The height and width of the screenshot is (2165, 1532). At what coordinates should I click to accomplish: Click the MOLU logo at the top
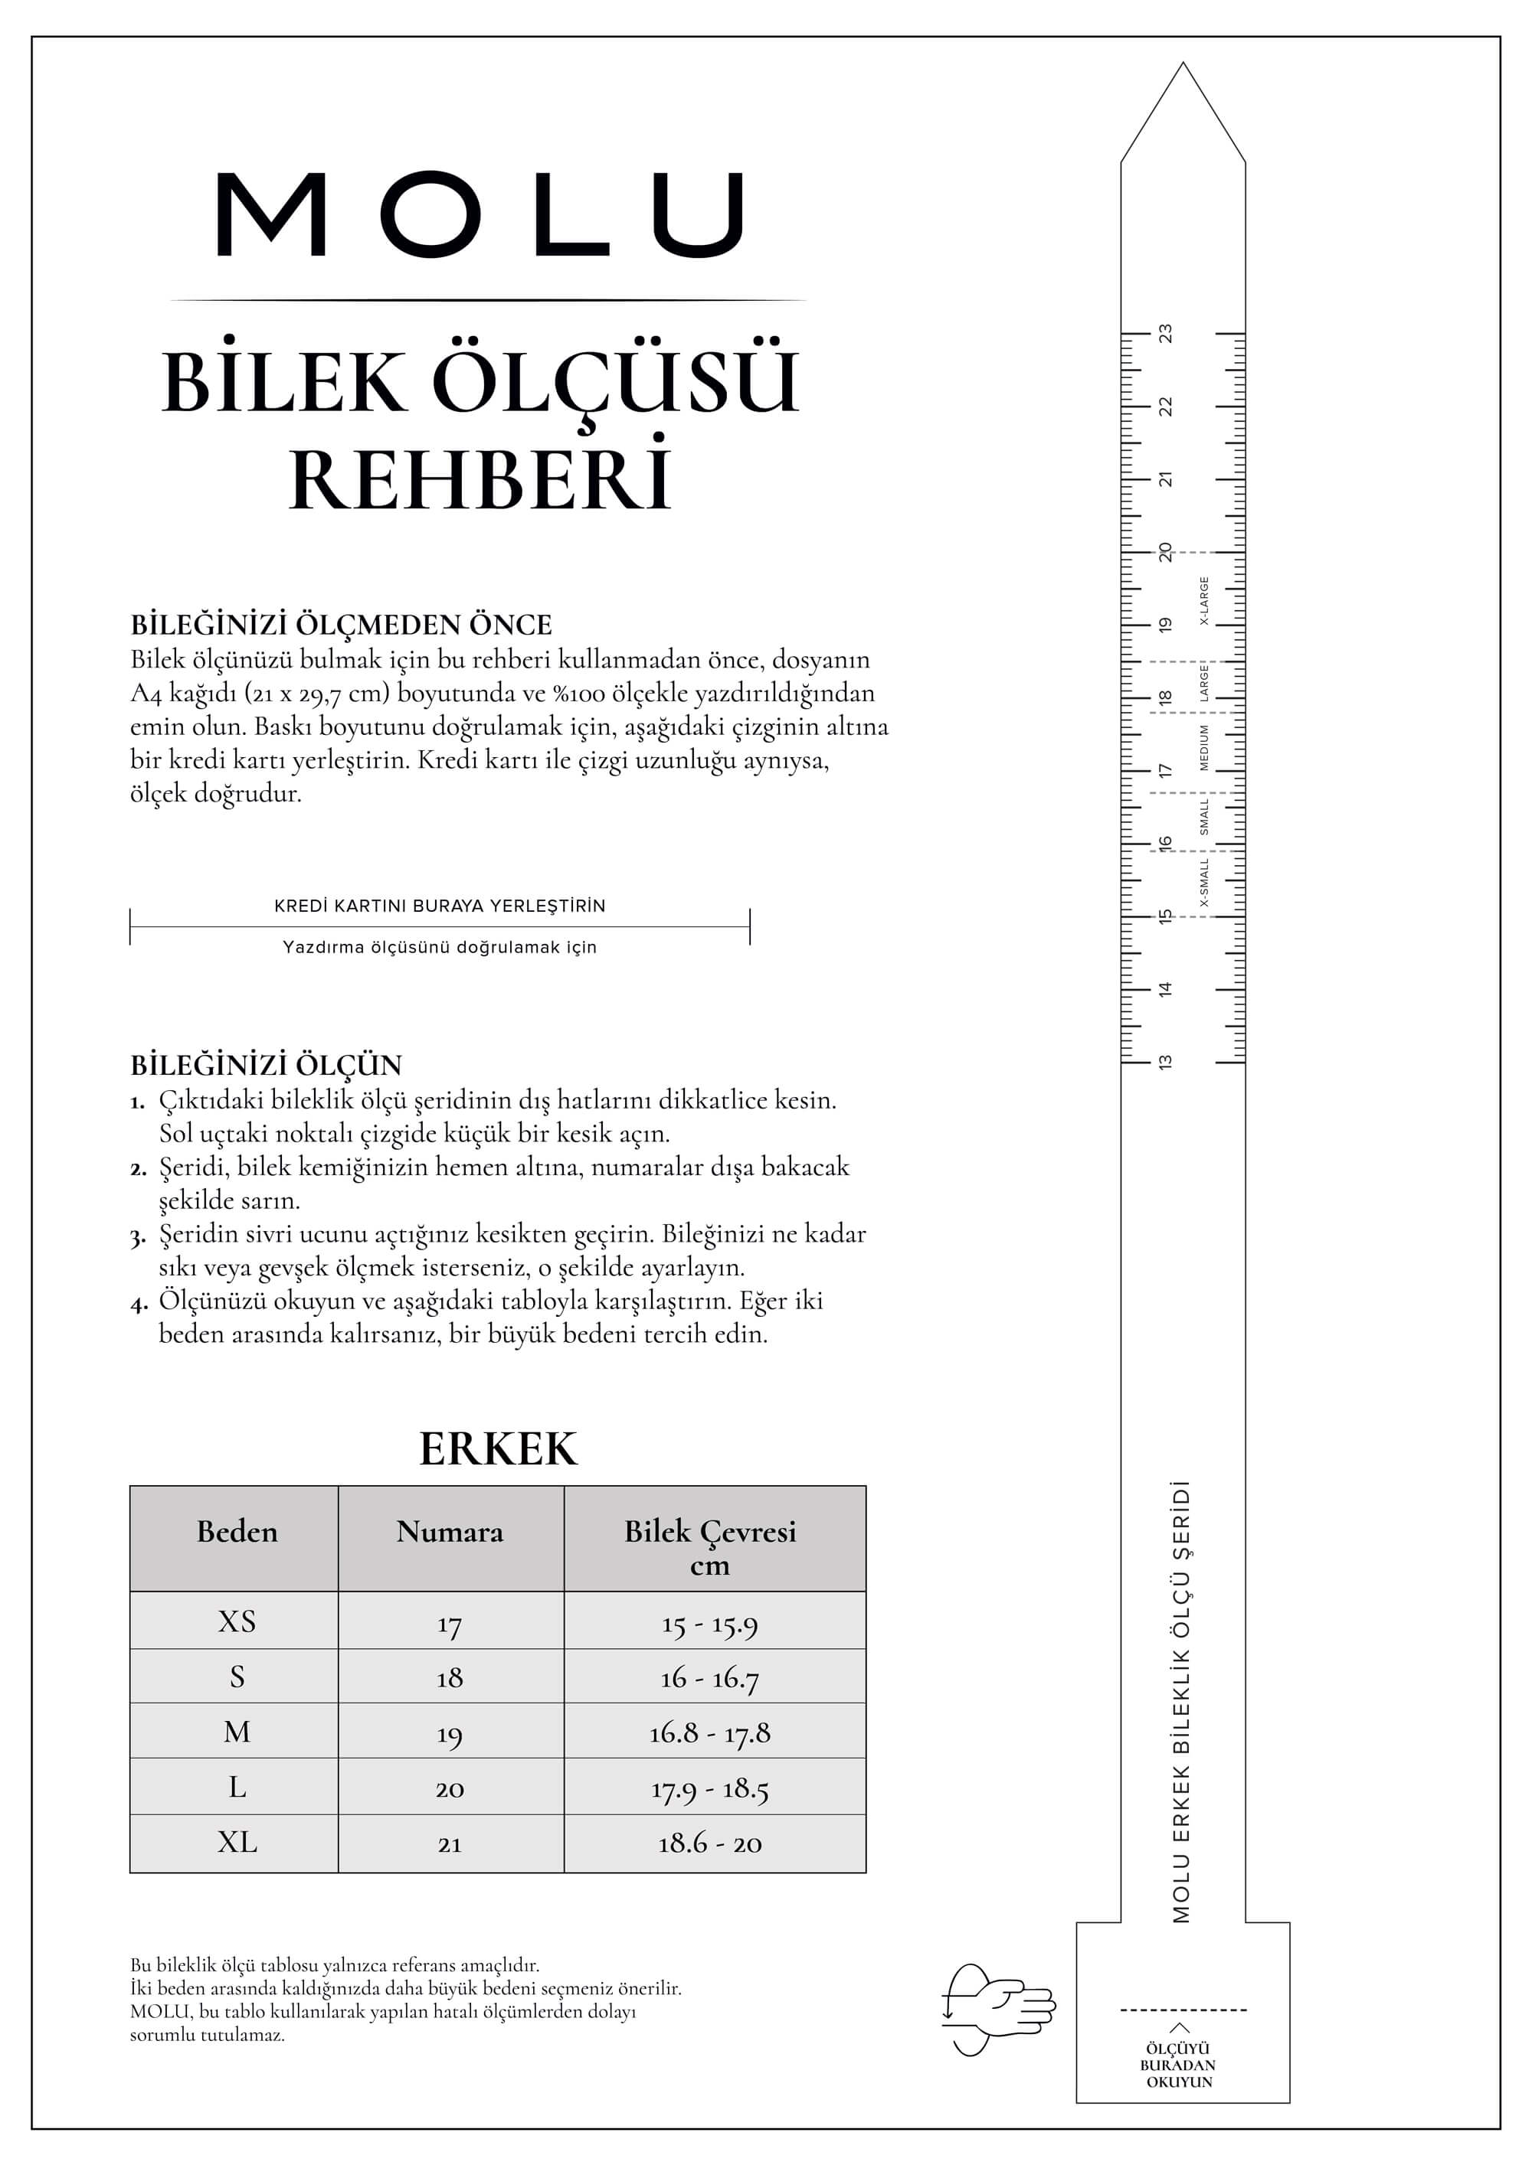click(480, 214)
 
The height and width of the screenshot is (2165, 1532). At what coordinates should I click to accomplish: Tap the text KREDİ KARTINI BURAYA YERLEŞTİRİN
click(440, 906)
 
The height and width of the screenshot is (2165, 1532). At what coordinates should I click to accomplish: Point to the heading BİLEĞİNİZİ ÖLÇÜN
click(266, 1065)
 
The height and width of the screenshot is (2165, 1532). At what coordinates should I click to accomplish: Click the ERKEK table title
click(497, 1449)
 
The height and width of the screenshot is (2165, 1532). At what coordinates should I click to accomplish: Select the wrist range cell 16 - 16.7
click(709, 1677)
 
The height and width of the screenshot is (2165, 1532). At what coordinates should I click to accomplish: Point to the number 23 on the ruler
click(1166, 334)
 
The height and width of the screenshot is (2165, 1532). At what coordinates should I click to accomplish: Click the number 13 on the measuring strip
click(1166, 1062)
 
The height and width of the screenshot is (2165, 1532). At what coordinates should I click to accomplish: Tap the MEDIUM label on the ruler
click(1203, 747)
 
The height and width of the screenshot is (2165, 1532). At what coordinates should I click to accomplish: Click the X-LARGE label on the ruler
click(1203, 601)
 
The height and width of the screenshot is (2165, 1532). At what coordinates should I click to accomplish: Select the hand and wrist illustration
click(997, 2010)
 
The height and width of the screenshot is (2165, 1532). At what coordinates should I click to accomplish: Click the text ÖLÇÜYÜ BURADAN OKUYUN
click(1178, 2065)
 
